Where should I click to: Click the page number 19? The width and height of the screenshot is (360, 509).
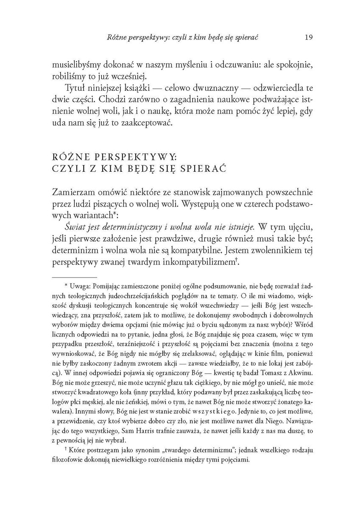(308, 37)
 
